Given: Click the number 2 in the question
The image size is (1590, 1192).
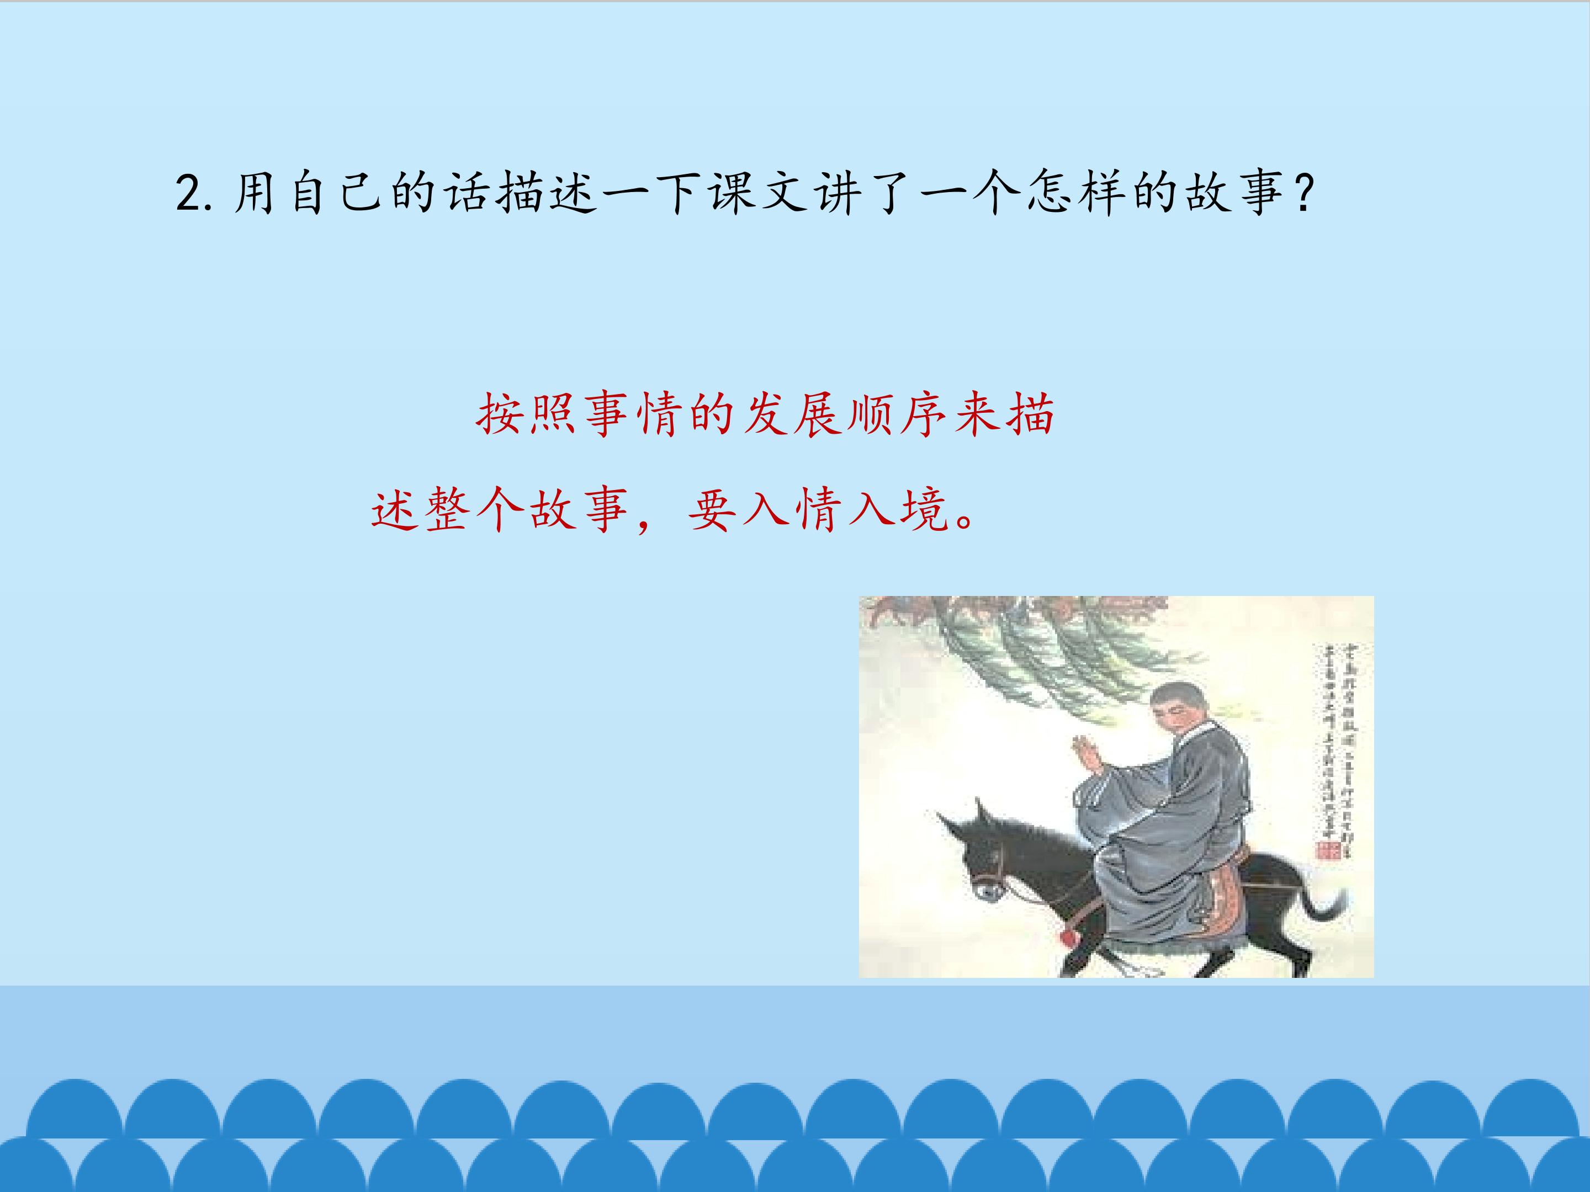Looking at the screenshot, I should pos(188,194).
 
